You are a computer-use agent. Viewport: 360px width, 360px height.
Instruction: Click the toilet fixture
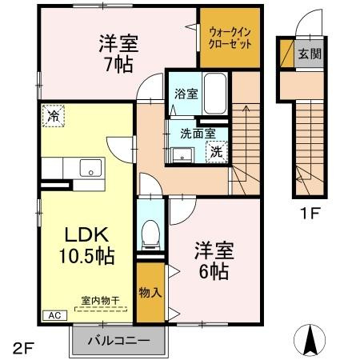point(150,235)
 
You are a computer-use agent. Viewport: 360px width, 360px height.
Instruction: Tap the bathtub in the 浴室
point(215,94)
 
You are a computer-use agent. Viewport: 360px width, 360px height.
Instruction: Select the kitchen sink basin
point(90,168)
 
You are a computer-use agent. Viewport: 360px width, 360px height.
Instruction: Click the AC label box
point(55,315)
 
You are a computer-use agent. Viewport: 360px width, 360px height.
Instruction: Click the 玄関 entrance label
point(310,54)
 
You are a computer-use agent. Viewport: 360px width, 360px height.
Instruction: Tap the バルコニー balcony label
point(119,341)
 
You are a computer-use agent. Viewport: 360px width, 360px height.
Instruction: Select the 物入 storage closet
point(150,293)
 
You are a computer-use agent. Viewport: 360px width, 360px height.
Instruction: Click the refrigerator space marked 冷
point(54,116)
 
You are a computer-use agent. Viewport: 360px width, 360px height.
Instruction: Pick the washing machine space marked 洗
point(217,152)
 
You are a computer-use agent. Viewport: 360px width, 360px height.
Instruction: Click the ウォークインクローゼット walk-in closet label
point(230,38)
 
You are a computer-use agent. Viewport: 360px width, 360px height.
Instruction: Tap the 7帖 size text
point(119,65)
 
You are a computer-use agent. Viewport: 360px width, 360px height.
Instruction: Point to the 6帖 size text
point(214,271)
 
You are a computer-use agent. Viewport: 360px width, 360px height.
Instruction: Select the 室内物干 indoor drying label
point(101,301)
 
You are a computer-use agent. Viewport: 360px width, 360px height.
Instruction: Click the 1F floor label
point(310,213)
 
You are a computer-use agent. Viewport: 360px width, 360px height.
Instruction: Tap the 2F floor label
point(23,349)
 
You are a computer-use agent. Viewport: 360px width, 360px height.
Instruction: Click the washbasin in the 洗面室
point(182,154)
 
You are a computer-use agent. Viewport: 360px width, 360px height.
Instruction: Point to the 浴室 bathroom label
point(186,94)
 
